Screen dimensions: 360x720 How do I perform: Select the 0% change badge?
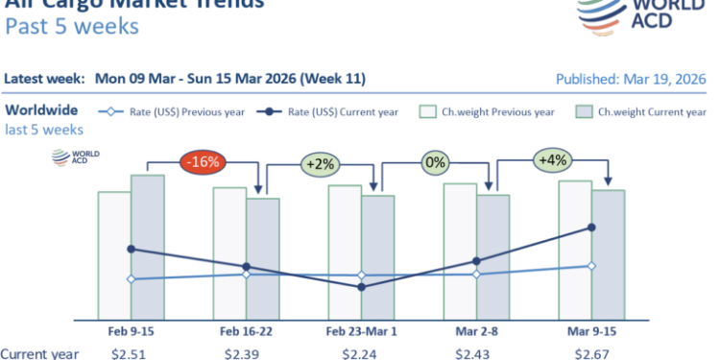[x=436, y=162]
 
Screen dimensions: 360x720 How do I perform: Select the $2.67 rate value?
[x=591, y=352]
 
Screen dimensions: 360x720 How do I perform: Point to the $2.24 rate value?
[x=361, y=352]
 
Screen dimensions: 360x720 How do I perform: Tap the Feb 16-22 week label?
[x=246, y=330]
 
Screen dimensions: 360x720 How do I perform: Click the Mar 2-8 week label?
[x=476, y=330]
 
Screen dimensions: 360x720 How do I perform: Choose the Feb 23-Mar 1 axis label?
[x=361, y=330]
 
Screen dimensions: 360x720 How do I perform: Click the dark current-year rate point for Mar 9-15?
[x=591, y=228]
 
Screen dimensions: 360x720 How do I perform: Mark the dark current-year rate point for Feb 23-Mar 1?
[x=361, y=286]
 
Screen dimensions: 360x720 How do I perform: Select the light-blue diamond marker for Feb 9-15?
[x=132, y=279]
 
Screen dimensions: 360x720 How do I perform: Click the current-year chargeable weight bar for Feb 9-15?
[x=148, y=247]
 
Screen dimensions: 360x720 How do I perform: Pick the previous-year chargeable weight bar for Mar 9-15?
[x=574, y=250]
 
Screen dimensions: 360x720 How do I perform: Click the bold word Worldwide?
[x=41, y=110]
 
